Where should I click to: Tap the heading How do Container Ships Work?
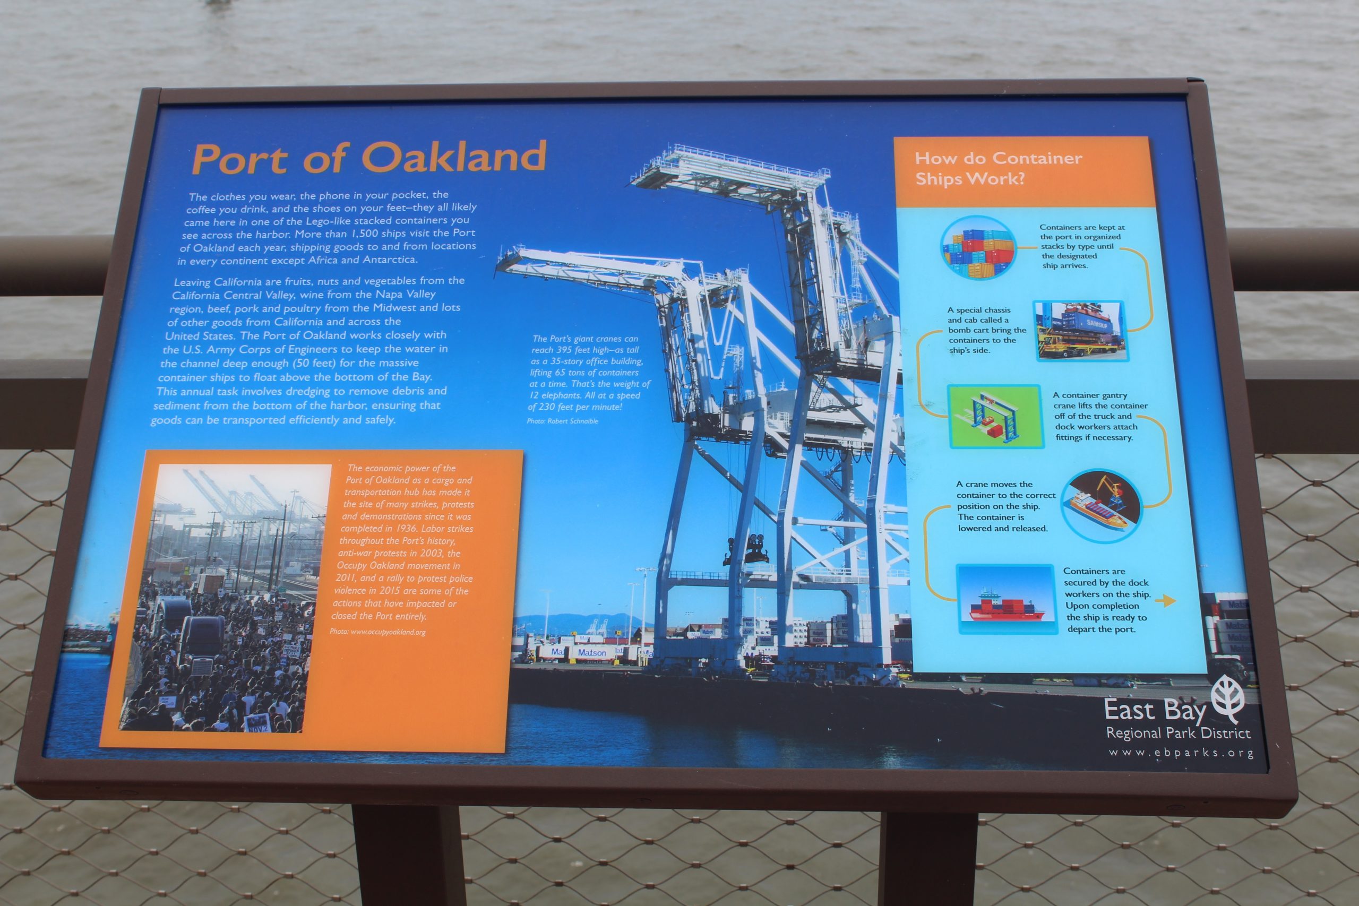point(999,168)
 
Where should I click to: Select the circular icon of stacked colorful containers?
point(978,247)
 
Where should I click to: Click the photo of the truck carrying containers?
point(1080,331)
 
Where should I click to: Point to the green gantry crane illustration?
point(995,416)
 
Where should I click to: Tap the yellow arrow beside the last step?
point(1165,601)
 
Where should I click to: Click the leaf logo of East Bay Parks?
point(1227,698)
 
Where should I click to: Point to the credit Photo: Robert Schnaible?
point(562,421)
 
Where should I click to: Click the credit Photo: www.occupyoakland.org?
point(377,632)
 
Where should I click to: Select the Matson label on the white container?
point(592,652)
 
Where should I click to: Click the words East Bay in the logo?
point(1155,710)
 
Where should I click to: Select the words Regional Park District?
point(1178,732)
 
